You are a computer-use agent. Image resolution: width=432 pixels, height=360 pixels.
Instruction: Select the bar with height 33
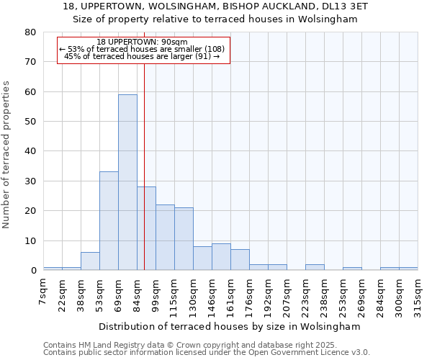(109, 221)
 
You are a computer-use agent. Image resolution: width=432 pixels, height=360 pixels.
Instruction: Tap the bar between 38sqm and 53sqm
(90, 261)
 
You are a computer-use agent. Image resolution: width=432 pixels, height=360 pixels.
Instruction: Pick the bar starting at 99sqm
(165, 238)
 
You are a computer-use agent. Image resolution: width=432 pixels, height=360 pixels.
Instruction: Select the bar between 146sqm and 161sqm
(221, 257)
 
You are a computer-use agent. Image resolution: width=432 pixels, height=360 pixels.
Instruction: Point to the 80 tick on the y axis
(30, 32)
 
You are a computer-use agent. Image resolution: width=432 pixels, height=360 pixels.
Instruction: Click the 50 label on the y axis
(30, 122)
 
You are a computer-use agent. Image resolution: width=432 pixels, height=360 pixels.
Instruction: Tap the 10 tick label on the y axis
(30, 241)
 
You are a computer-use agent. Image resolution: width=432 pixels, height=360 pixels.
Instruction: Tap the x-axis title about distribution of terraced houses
(229, 326)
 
